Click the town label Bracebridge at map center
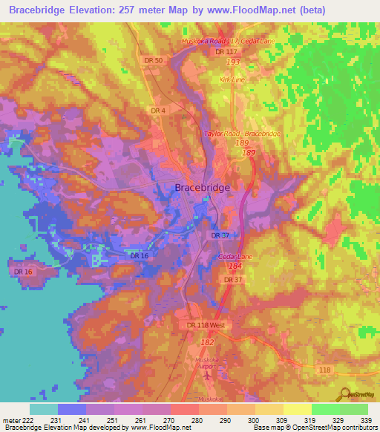203,188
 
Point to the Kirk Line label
231,79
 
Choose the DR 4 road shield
157,111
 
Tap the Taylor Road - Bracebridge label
242,134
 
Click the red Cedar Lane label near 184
237,256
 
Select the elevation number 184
236,266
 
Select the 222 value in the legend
29,420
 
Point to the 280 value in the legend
198,420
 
